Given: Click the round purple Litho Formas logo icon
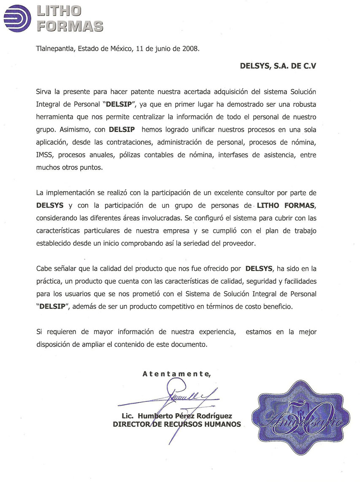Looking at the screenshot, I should click(x=17, y=18).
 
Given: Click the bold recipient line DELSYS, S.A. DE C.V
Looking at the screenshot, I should click(x=278, y=66).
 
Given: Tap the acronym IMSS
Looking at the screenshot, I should click(x=45, y=154).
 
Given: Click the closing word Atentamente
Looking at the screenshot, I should click(x=176, y=374).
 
